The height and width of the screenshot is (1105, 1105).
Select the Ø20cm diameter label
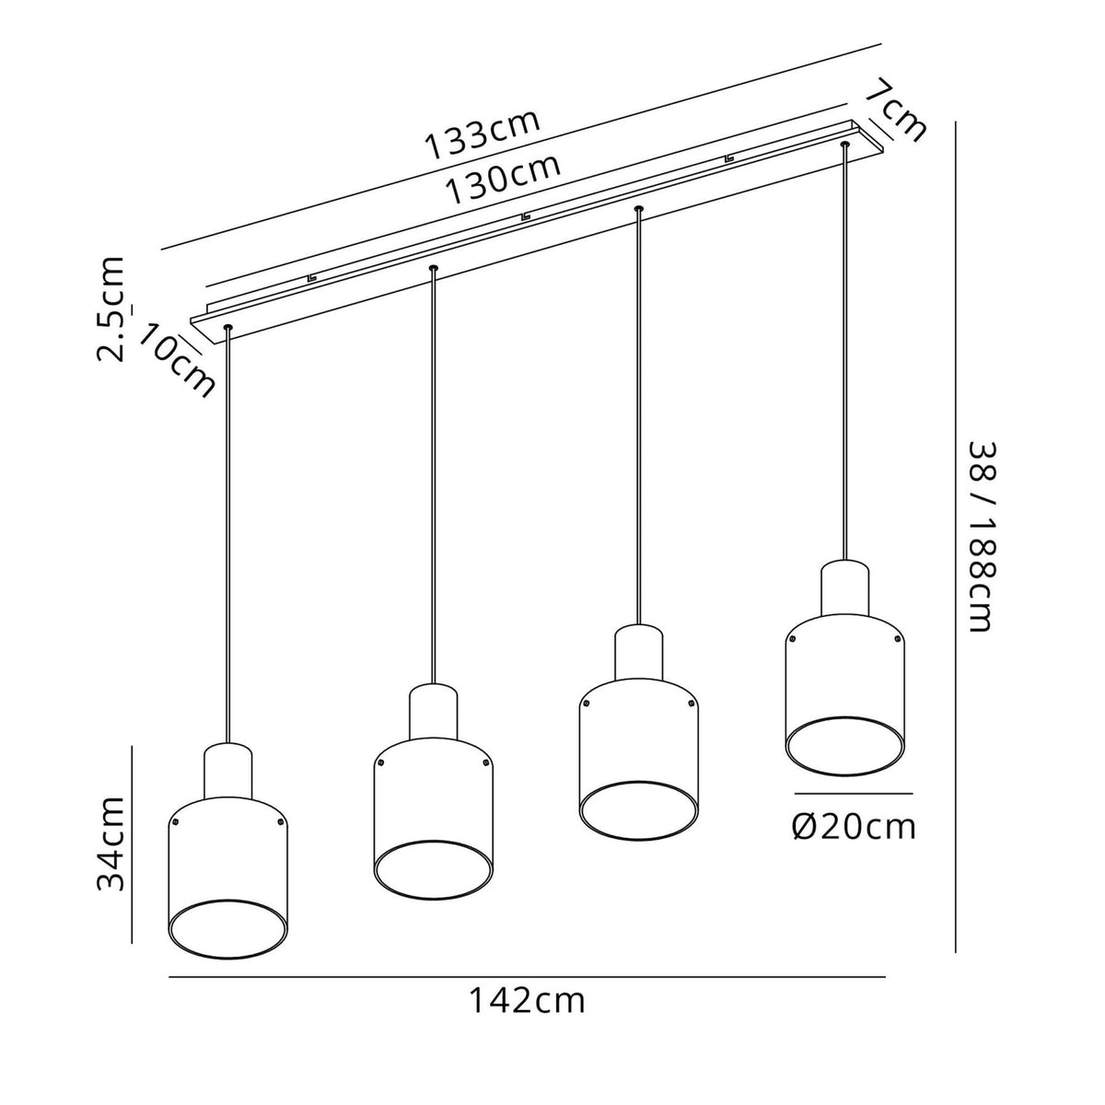[x=854, y=826]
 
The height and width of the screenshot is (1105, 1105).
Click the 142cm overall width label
[x=527, y=1000]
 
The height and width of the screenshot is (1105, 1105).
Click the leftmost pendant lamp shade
[x=226, y=870]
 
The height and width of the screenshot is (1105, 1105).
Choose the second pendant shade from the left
[x=432, y=810]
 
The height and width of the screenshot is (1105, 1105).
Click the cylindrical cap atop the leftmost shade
[x=227, y=769]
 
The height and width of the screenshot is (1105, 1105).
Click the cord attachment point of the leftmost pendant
[x=227, y=328]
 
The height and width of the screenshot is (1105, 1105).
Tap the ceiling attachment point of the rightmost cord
[x=843, y=144]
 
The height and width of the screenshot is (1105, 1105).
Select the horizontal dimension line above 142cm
[x=527, y=976]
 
